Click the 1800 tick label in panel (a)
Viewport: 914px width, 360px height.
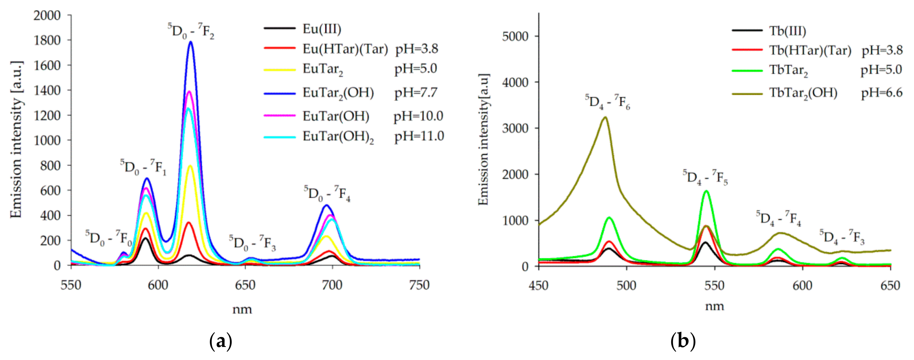(47, 41)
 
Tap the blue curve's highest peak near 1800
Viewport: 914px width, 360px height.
(191, 42)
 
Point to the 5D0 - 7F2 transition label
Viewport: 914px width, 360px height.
(191, 31)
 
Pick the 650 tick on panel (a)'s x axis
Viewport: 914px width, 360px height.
(245, 285)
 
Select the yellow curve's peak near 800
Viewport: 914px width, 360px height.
(190, 166)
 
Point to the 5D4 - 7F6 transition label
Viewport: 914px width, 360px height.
(607, 102)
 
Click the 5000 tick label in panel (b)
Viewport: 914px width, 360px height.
(515, 37)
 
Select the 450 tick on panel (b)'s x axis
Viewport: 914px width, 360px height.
(539, 286)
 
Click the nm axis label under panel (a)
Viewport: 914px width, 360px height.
(242, 310)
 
